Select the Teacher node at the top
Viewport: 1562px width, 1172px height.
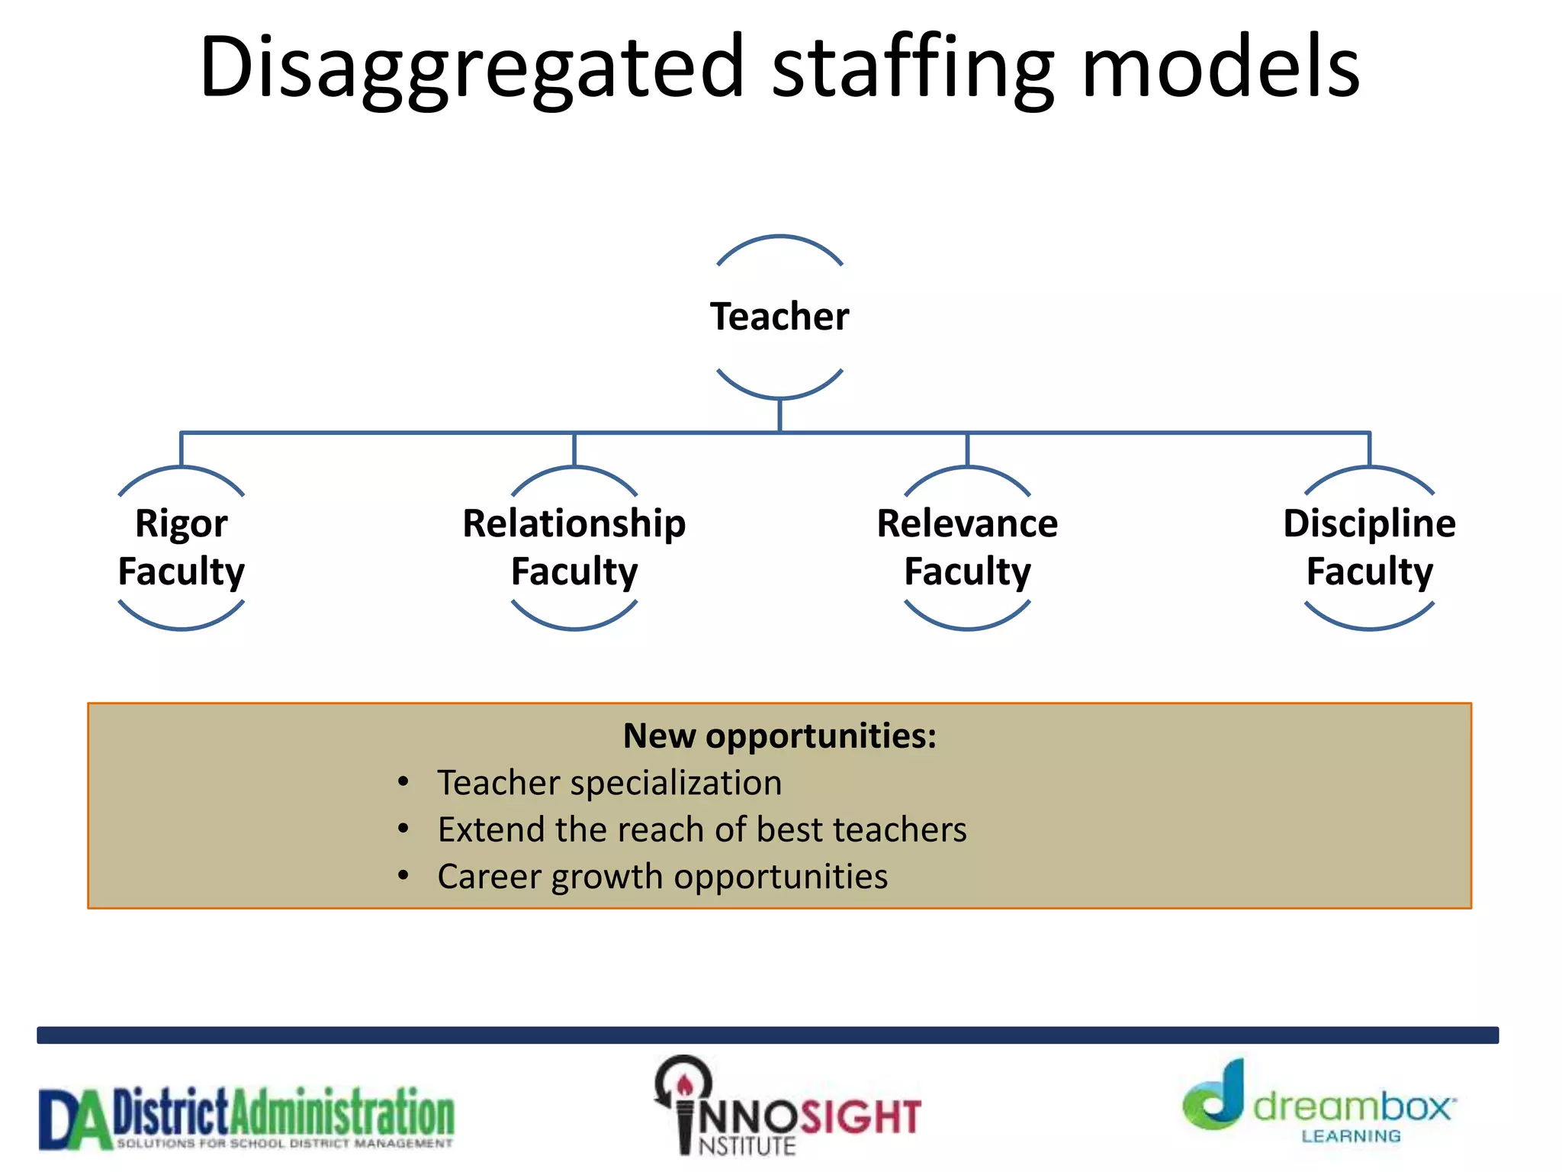click(x=779, y=317)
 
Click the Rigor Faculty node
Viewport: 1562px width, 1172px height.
click(x=182, y=547)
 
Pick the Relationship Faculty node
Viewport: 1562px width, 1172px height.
click(x=574, y=547)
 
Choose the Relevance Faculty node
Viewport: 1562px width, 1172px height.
click(x=967, y=547)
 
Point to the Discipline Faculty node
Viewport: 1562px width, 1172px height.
click(x=1369, y=547)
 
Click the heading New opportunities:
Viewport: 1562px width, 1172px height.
click(x=779, y=736)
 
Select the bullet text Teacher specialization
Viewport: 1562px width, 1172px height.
click(x=609, y=783)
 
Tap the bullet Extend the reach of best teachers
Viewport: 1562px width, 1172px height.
click(x=702, y=829)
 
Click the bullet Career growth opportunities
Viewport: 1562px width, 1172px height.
click(x=662, y=877)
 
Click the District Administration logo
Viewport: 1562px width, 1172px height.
click(x=246, y=1118)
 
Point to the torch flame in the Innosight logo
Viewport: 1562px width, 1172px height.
click(x=685, y=1083)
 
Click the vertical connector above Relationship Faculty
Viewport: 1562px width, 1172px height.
click(x=574, y=449)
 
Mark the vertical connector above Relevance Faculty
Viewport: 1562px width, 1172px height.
click(x=967, y=449)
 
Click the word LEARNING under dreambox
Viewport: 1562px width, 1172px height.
click(x=1351, y=1137)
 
